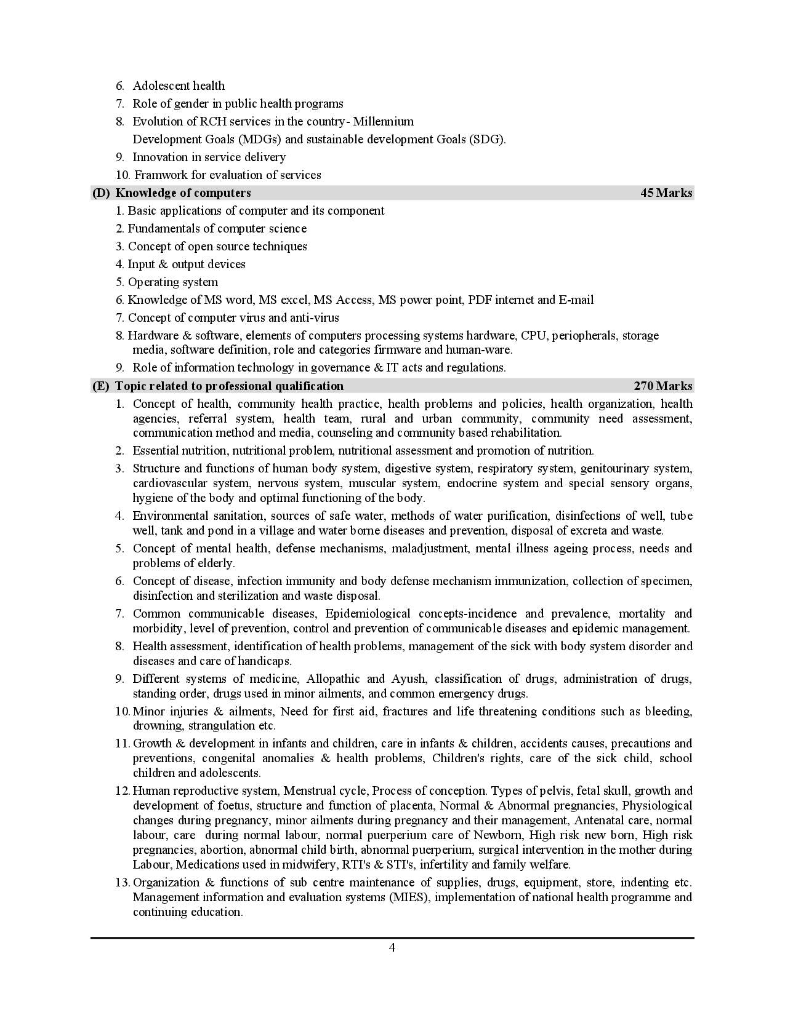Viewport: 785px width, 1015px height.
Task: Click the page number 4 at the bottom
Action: point(392,947)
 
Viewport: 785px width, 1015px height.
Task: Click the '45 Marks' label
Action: point(666,193)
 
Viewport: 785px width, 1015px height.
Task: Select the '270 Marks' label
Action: point(663,386)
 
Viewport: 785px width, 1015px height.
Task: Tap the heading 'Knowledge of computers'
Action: point(183,193)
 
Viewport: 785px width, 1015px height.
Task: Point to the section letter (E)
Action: point(100,386)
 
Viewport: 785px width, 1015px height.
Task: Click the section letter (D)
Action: point(100,193)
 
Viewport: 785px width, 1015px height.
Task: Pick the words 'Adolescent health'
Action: point(179,86)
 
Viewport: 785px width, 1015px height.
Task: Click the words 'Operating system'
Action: point(173,282)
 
